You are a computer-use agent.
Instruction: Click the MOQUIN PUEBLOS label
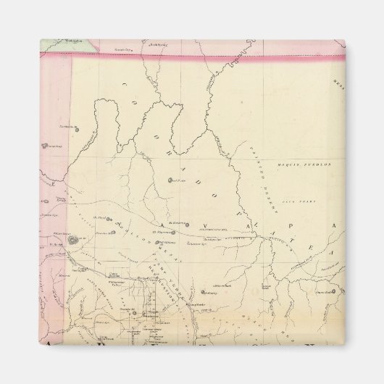[303, 164]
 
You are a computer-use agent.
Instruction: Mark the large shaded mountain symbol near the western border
[78, 238]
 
